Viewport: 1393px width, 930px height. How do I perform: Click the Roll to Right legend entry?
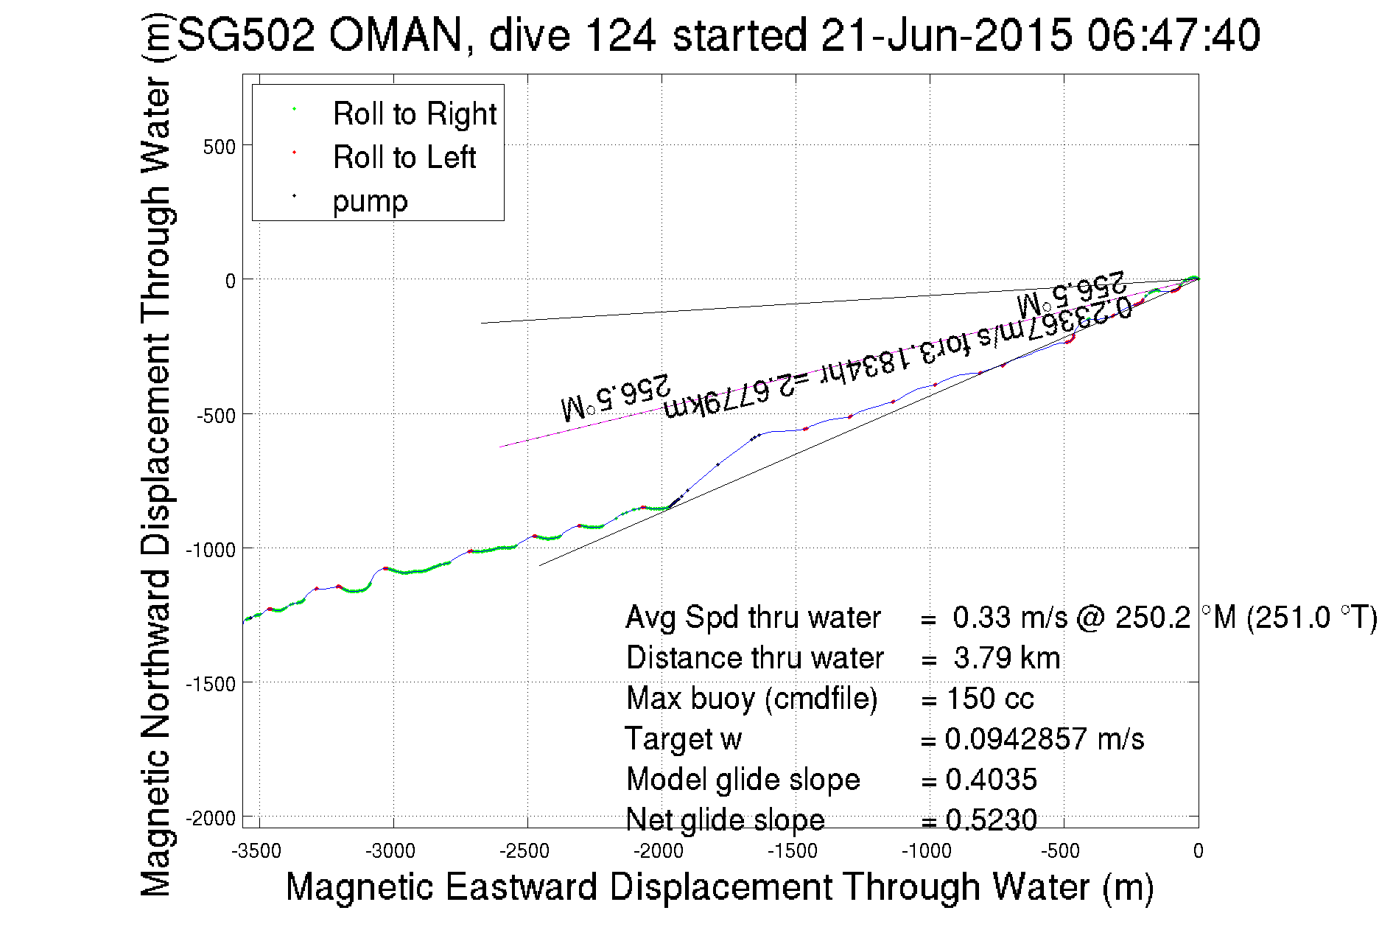pos(414,114)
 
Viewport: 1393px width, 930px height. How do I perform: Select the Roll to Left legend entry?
pos(404,158)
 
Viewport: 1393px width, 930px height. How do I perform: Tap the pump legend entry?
pos(370,201)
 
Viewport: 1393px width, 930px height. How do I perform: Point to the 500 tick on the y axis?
pos(219,147)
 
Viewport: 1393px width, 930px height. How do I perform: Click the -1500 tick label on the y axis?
pos(211,684)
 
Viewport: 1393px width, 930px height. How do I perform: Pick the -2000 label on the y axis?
pos(211,819)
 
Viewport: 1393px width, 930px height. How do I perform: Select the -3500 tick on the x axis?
pos(256,852)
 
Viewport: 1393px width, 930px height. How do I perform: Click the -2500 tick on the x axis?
pos(524,852)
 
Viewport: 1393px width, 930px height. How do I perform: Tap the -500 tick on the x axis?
pos(1061,852)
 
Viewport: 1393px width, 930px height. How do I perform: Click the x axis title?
pos(719,887)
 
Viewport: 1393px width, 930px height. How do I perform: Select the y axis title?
pos(155,457)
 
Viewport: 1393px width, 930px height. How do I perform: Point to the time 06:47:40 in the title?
pos(1173,35)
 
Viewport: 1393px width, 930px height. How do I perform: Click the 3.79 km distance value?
pos(1006,658)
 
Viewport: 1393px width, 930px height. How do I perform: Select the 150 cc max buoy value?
pos(990,699)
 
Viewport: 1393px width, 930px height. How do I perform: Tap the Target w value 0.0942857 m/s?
pos(1044,739)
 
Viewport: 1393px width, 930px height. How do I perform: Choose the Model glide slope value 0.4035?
pos(991,780)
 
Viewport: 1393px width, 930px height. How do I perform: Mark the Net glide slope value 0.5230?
pos(991,819)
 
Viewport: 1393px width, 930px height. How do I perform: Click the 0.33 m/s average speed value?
pos(1009,618)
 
